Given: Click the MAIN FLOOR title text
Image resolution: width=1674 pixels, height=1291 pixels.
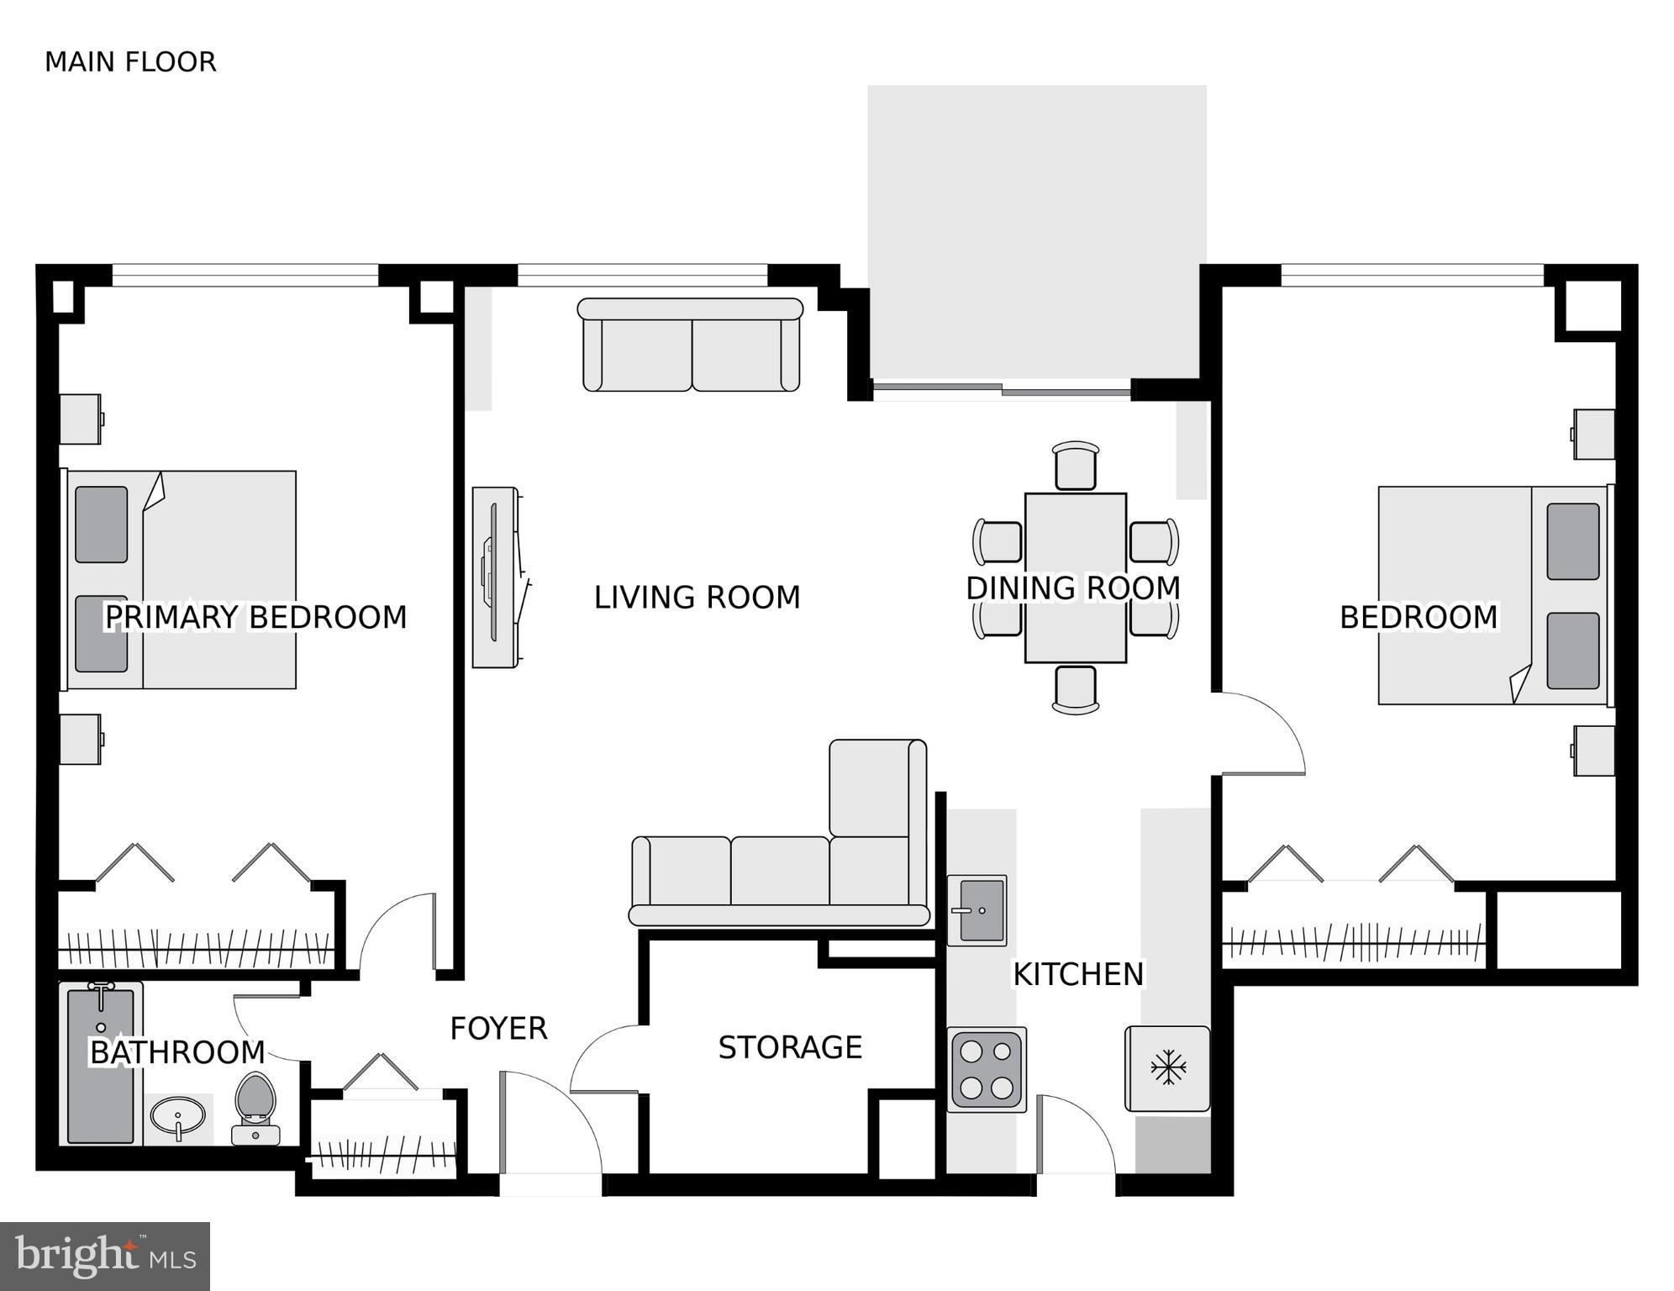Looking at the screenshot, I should (x=130, y=62).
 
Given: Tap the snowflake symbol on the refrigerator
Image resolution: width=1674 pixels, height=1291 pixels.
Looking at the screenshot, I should (x=1168, y=1067).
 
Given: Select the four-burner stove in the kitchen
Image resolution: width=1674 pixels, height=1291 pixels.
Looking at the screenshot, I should (x=987, y=1069).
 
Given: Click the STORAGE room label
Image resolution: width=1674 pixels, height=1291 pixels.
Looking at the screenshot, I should (x=790, y=1047).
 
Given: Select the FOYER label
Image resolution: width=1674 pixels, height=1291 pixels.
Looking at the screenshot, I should (x=498, y=1029).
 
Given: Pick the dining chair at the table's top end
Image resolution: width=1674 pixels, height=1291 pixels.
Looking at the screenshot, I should (x=1076, y=466).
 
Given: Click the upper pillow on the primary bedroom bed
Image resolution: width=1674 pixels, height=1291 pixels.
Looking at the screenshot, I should (x=102, y=524).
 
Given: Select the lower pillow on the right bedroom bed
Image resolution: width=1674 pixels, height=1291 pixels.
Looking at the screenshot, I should (x=1572, y=651).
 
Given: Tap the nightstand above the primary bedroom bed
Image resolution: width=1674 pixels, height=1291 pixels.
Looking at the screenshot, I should (x=81, y=419).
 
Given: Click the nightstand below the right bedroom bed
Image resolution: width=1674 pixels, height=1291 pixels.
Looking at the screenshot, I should (x=1593, y=751).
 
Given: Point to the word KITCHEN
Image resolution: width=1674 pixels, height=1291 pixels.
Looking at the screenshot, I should (x=1078, y=974).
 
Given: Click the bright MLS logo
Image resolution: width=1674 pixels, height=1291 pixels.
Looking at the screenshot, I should (x=105, y=1256).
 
